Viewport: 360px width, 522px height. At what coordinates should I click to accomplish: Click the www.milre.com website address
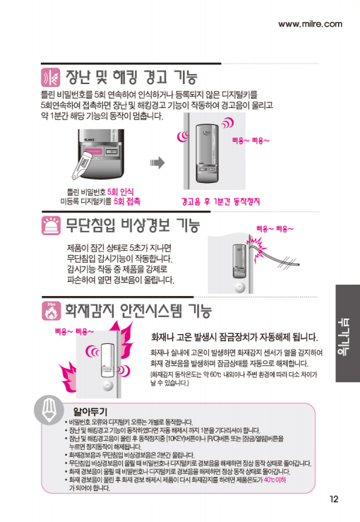[310, 24]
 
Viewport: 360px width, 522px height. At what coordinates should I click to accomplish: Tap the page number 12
[334, 499]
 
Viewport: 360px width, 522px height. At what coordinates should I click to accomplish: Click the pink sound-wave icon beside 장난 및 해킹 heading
[51, 77]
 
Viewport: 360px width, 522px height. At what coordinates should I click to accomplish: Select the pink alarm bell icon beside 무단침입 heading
[51, 225]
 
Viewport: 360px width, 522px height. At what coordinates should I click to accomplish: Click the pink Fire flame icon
[52, 311]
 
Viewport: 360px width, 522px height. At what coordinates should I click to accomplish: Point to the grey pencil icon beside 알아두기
[49, 410]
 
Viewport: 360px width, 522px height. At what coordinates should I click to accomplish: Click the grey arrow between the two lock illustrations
[157, 162]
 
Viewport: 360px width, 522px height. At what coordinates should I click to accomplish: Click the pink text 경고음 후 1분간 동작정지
[221, 201]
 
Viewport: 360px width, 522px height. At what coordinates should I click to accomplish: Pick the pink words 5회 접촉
[127, 201]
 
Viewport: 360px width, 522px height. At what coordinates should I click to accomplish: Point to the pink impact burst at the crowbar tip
[256, 247]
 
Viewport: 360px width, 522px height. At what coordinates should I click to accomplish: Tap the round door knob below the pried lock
[239, 287]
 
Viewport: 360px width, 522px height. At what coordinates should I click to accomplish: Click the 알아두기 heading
[90, 412]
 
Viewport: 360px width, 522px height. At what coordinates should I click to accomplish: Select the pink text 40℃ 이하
[275, 480]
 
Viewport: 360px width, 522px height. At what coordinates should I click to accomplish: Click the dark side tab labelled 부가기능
[348, 333]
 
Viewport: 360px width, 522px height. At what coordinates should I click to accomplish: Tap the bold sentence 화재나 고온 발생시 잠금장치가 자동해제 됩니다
[234, 337]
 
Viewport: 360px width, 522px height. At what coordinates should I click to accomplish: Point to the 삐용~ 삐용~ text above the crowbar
[275, 229]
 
